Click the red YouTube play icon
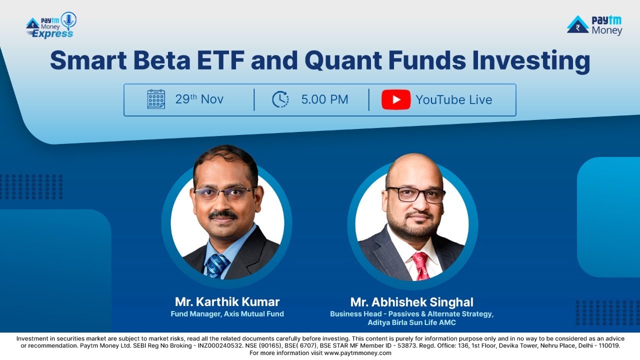pos(396,99)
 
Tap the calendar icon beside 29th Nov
pos(156,99)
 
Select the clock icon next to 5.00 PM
pos(280,99)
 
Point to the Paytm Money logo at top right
pos(595,25)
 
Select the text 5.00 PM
pos(324,99)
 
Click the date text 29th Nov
pos(199,99)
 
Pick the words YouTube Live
pos(454,100)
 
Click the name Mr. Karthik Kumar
pos(227,302)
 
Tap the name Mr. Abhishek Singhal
pos(411,302)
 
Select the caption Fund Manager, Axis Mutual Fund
pos(227,314)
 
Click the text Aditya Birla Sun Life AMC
pos(411,323)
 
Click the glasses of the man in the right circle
pos(416,194)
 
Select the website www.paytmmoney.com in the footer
pos(357,353)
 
